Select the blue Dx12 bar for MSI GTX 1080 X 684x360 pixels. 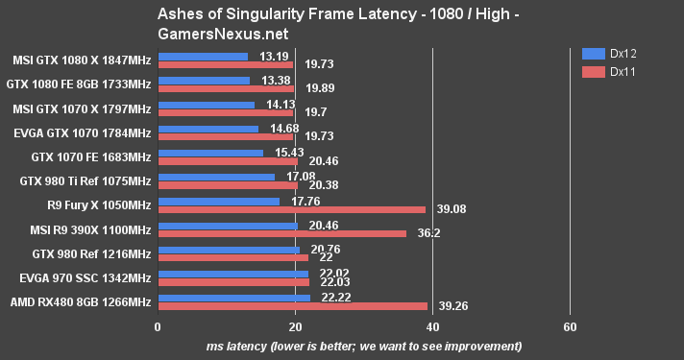click(x=203, y=57)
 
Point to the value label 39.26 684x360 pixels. click(x=447, y=308)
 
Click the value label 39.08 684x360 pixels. click(x=446, y=209)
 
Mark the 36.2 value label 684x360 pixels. click(x=423, y=234)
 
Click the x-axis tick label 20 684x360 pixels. click(x=296, y=327)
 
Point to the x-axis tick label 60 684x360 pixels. click(x=571, y=327)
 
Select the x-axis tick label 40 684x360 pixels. click(x=433, y=327)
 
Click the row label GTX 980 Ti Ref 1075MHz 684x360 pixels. click(x=85, y=180)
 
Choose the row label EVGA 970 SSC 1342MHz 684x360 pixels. click(x=85, y=278)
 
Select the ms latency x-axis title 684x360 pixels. click(x=364, y=346)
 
